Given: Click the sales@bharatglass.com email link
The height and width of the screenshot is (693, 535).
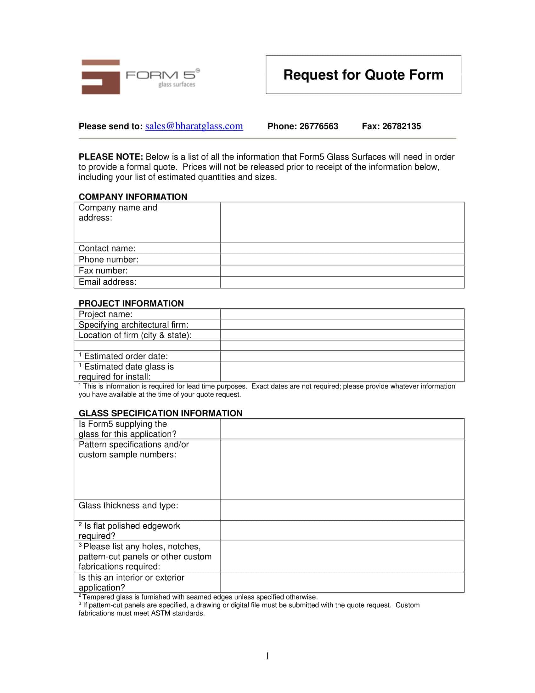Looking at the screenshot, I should [194, 126].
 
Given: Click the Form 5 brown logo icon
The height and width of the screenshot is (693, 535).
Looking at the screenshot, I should [101, 77].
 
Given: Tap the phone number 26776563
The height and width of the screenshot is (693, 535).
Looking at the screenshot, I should [318, 126].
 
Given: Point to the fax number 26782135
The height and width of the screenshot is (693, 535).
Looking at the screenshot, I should [401, 126].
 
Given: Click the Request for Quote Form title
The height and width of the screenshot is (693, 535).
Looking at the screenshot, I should [363, 75].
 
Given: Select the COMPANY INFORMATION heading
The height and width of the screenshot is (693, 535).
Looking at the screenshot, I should [133, 197].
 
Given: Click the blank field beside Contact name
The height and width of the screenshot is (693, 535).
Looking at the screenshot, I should [342, 249].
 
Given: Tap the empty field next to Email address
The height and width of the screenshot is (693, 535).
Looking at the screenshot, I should [342, 282].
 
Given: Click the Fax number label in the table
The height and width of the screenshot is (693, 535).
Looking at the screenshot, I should [103, 271].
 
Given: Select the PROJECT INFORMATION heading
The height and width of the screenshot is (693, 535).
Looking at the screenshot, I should [131, 303].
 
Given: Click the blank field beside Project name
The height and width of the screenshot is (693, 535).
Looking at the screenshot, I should [342, 314].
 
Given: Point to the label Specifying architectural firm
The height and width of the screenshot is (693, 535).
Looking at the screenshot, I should [133, 324].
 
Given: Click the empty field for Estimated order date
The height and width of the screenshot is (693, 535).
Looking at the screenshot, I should [342, 356].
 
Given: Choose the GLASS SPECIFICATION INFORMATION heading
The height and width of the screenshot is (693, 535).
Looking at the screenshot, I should [160, 413].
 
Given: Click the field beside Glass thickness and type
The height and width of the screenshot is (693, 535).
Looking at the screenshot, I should [342, 510].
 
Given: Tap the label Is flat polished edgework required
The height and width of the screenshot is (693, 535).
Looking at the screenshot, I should [129, 530].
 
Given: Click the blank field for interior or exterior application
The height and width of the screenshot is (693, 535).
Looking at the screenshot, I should [342, 582].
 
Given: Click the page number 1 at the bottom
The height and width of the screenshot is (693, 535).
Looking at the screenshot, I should [267, 656].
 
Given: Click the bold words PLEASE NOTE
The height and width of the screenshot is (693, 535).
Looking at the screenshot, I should [111, 157].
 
